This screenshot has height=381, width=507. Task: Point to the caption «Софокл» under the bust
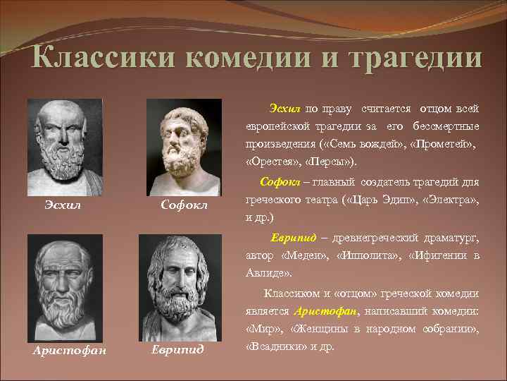[x=183, y=205]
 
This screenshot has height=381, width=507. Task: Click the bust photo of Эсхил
[x=65, y=144]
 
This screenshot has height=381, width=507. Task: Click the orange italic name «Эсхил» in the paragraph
[x=284, y=109]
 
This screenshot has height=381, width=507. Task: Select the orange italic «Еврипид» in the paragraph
[x=292, y=237]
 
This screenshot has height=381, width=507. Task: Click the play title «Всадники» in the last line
[x=272, y=347]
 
